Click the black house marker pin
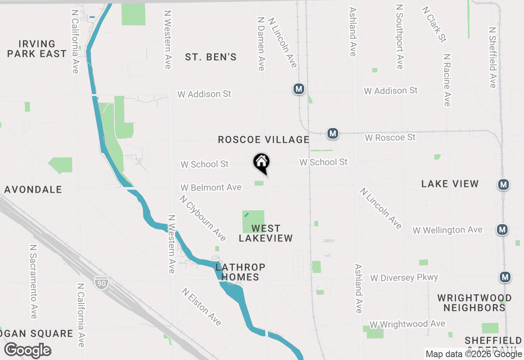261,163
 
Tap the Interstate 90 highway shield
101,282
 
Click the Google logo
27,351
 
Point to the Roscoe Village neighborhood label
263,139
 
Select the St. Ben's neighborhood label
211,57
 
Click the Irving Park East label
37,49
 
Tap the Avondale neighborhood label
34,189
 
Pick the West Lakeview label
266,233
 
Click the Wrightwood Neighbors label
474,303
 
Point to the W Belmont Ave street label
211,187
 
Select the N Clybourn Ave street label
203,218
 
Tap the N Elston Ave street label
202,307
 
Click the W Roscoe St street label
390,137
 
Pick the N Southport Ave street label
400,36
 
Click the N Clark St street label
435,24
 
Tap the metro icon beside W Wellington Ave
503,229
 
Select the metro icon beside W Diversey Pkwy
505,277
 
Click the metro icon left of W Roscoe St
332,133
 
